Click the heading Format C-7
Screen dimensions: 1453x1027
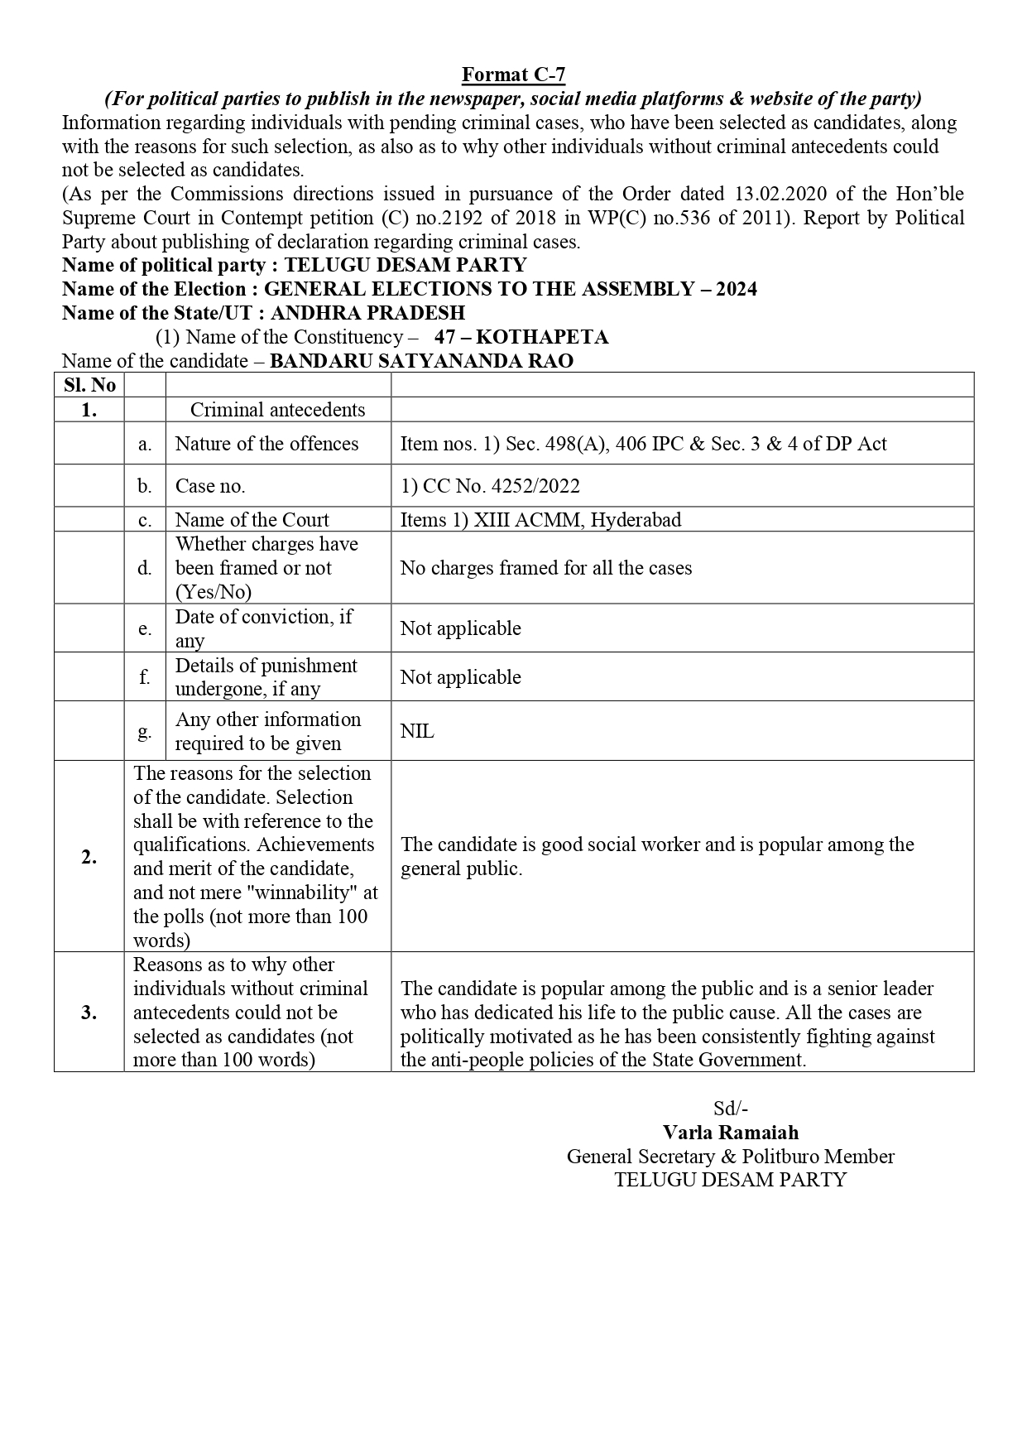tap(513, 75)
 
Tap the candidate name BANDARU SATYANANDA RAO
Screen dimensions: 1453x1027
tap(421, 361)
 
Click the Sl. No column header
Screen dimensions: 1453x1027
tap(89, 385)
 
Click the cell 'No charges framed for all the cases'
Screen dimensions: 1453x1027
tap(545, 568)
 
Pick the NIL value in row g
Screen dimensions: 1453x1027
tap(417, 731)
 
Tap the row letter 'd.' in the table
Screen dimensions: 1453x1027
tap(145, 568)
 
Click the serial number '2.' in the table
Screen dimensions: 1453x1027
tap(89, 857)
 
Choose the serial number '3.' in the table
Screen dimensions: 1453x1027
tap(89, 1013)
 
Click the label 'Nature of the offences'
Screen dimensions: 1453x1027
tap(266, 444)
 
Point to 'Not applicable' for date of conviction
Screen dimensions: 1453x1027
tap(460, 628)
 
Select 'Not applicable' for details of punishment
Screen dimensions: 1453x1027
tap(460, 677)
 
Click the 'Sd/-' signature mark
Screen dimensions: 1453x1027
tap(730, 1109)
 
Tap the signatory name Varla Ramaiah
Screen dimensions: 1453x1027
tap(730, 1133)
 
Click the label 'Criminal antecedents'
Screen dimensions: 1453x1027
tap(277, 410)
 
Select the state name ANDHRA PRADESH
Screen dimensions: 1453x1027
tap(367, 313)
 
